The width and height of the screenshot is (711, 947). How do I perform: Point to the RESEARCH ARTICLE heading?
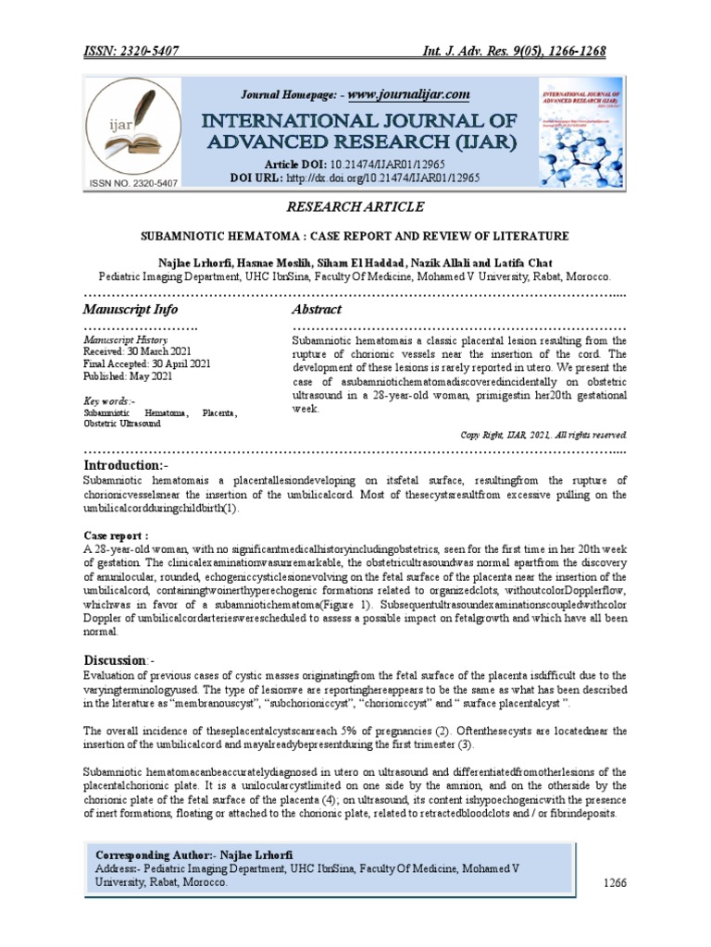click(355, 206)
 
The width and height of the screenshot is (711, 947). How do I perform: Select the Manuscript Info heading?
click(131, 309)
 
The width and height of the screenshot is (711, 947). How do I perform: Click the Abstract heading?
click(317, 309)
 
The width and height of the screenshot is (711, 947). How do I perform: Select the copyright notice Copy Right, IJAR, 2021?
click(543, 434)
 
